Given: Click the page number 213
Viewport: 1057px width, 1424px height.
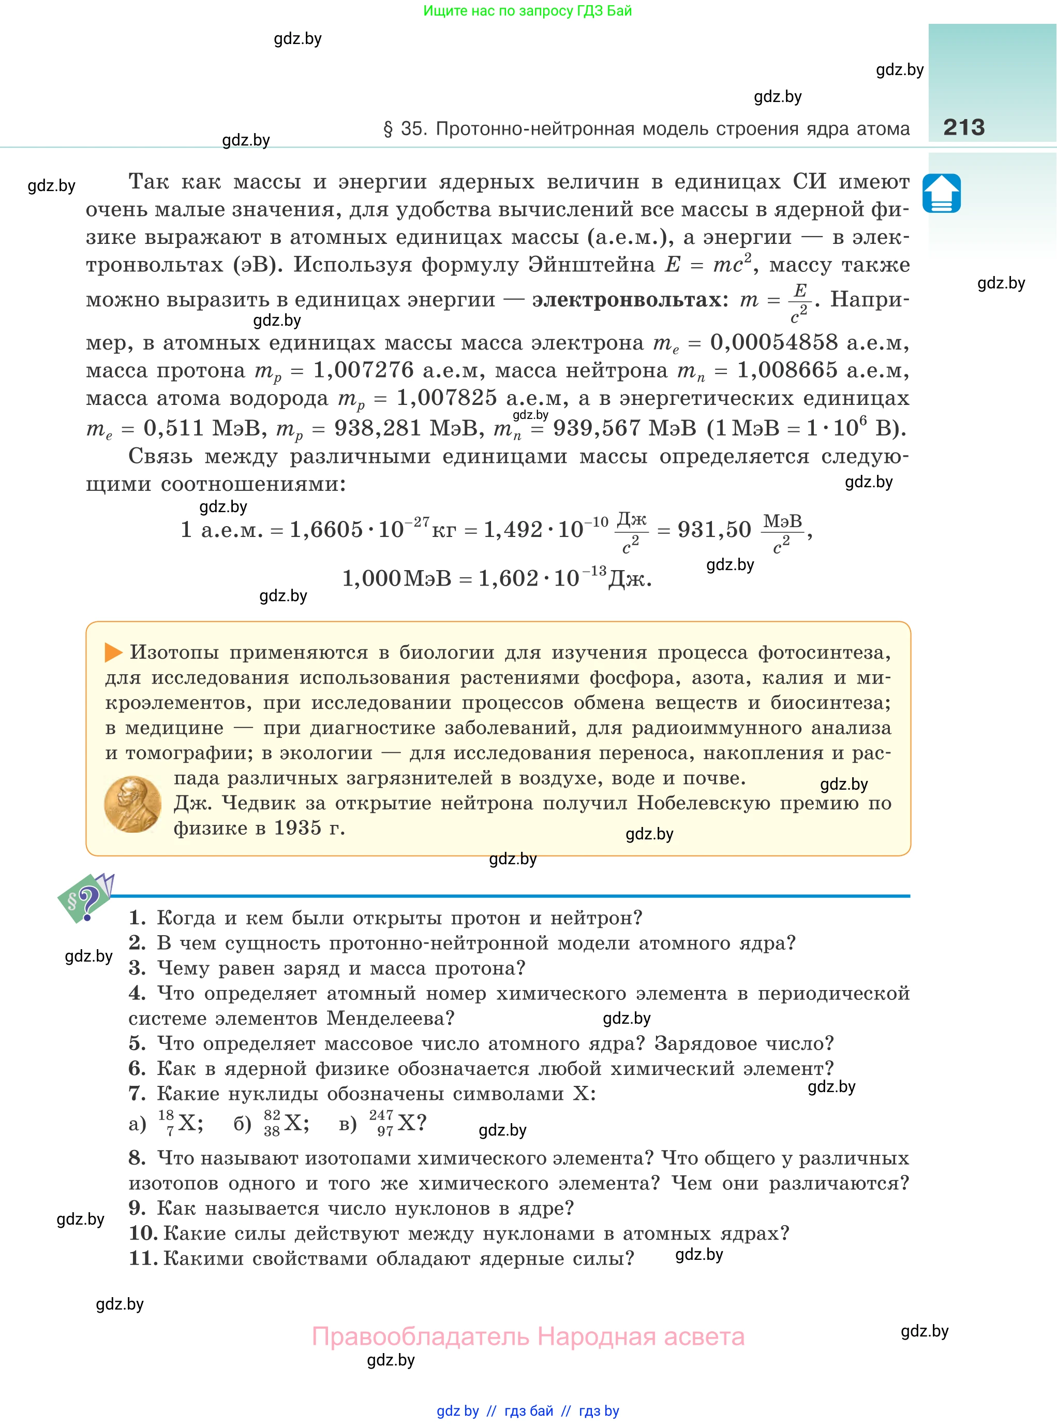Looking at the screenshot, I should pos(963,127).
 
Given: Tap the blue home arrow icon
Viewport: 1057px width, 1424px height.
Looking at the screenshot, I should pos(941,193).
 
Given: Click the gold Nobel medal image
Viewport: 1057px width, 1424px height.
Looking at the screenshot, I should pos(132,804).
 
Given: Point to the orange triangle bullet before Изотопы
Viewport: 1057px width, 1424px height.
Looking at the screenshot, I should pos(113,652).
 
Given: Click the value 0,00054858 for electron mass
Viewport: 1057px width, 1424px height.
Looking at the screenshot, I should pos(773,343).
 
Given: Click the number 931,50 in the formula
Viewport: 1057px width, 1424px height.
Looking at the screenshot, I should pos(714,530).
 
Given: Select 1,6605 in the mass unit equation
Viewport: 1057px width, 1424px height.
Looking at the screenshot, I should pos(326,530).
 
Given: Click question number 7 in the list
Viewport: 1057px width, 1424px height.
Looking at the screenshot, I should pos(138,1094).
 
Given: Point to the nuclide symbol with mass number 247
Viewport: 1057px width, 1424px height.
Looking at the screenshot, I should pos(397,1123).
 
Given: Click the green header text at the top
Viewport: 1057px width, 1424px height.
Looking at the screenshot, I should pos(527,11).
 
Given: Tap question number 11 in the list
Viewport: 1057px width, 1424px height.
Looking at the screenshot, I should pos(143,1258).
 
